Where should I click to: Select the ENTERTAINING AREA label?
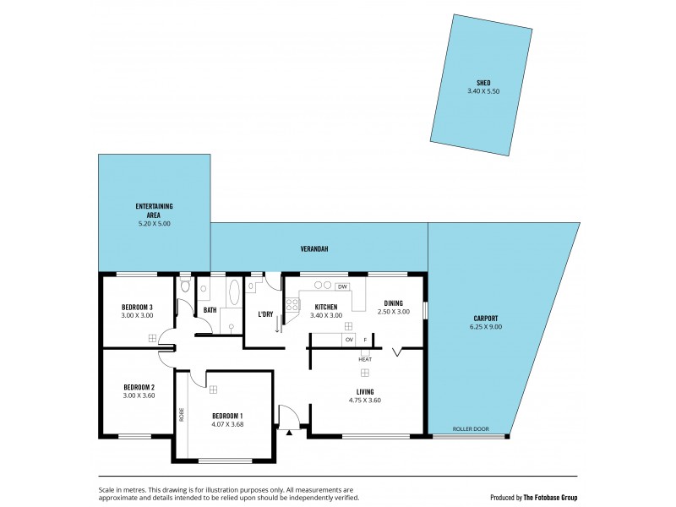(x=154, y=210)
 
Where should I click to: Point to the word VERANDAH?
(x=313, y=249)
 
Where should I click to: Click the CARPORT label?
(x=484, y=319)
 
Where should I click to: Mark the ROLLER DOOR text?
(x=471, y=429)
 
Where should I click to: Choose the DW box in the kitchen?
(x=342, y=286)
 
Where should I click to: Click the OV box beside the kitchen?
(x=348, y=340)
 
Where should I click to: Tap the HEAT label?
(x=365, y=359)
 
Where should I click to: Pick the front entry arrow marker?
(x=290, y=433)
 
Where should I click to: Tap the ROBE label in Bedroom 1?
(x=181, y=415)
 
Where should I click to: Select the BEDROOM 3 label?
(x=137, y=307)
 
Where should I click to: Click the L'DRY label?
(x=264, y=314)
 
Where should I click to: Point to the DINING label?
(x=393, y=303)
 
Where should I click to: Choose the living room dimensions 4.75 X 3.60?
(x=365, y=400)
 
